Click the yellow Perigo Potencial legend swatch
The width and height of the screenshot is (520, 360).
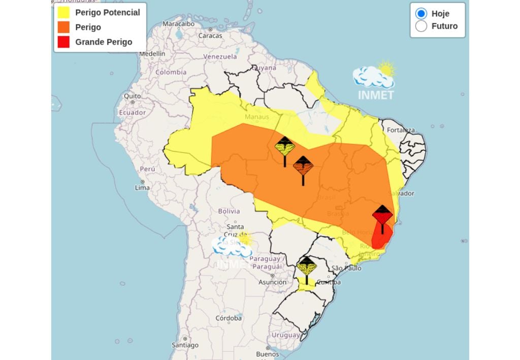pyautogui.click(x=63, y=12)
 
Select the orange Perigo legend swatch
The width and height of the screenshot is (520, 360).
pyautogui.click(x=63, y=27)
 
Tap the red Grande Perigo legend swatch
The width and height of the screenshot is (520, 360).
pyautogui.click(x=63, y=42)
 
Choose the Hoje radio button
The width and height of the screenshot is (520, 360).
pyautogui.click(x=421, y=14)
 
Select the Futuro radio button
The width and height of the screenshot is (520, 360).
pyautogui.click(x=421, y=26)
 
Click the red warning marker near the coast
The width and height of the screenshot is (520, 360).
pyautogui.click(x=382, y=216)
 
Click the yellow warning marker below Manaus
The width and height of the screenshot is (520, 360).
pyautogui.click(x=285, y=148)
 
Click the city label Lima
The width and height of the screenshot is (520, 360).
pyautogui.click(x=142, y=187)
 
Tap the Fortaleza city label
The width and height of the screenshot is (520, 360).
pyautogui.click(x=401, y=130)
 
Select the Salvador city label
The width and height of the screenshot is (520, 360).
pyautogui.click(x=401, y=193)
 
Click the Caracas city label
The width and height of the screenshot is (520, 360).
pyautogui.click(x=210, y=36)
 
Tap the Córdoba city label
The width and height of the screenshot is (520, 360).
pyautogui.click(x=228, y=318)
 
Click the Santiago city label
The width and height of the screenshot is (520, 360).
pyautogui.click(x=184, y=345)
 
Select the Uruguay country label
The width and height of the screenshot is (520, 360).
pyautogui.click(x=285, y=335)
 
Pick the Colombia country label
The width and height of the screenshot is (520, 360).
pyautogui.click(x=171, y=72)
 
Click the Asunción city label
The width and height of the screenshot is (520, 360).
pyautogui.click(x=272, y=282)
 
